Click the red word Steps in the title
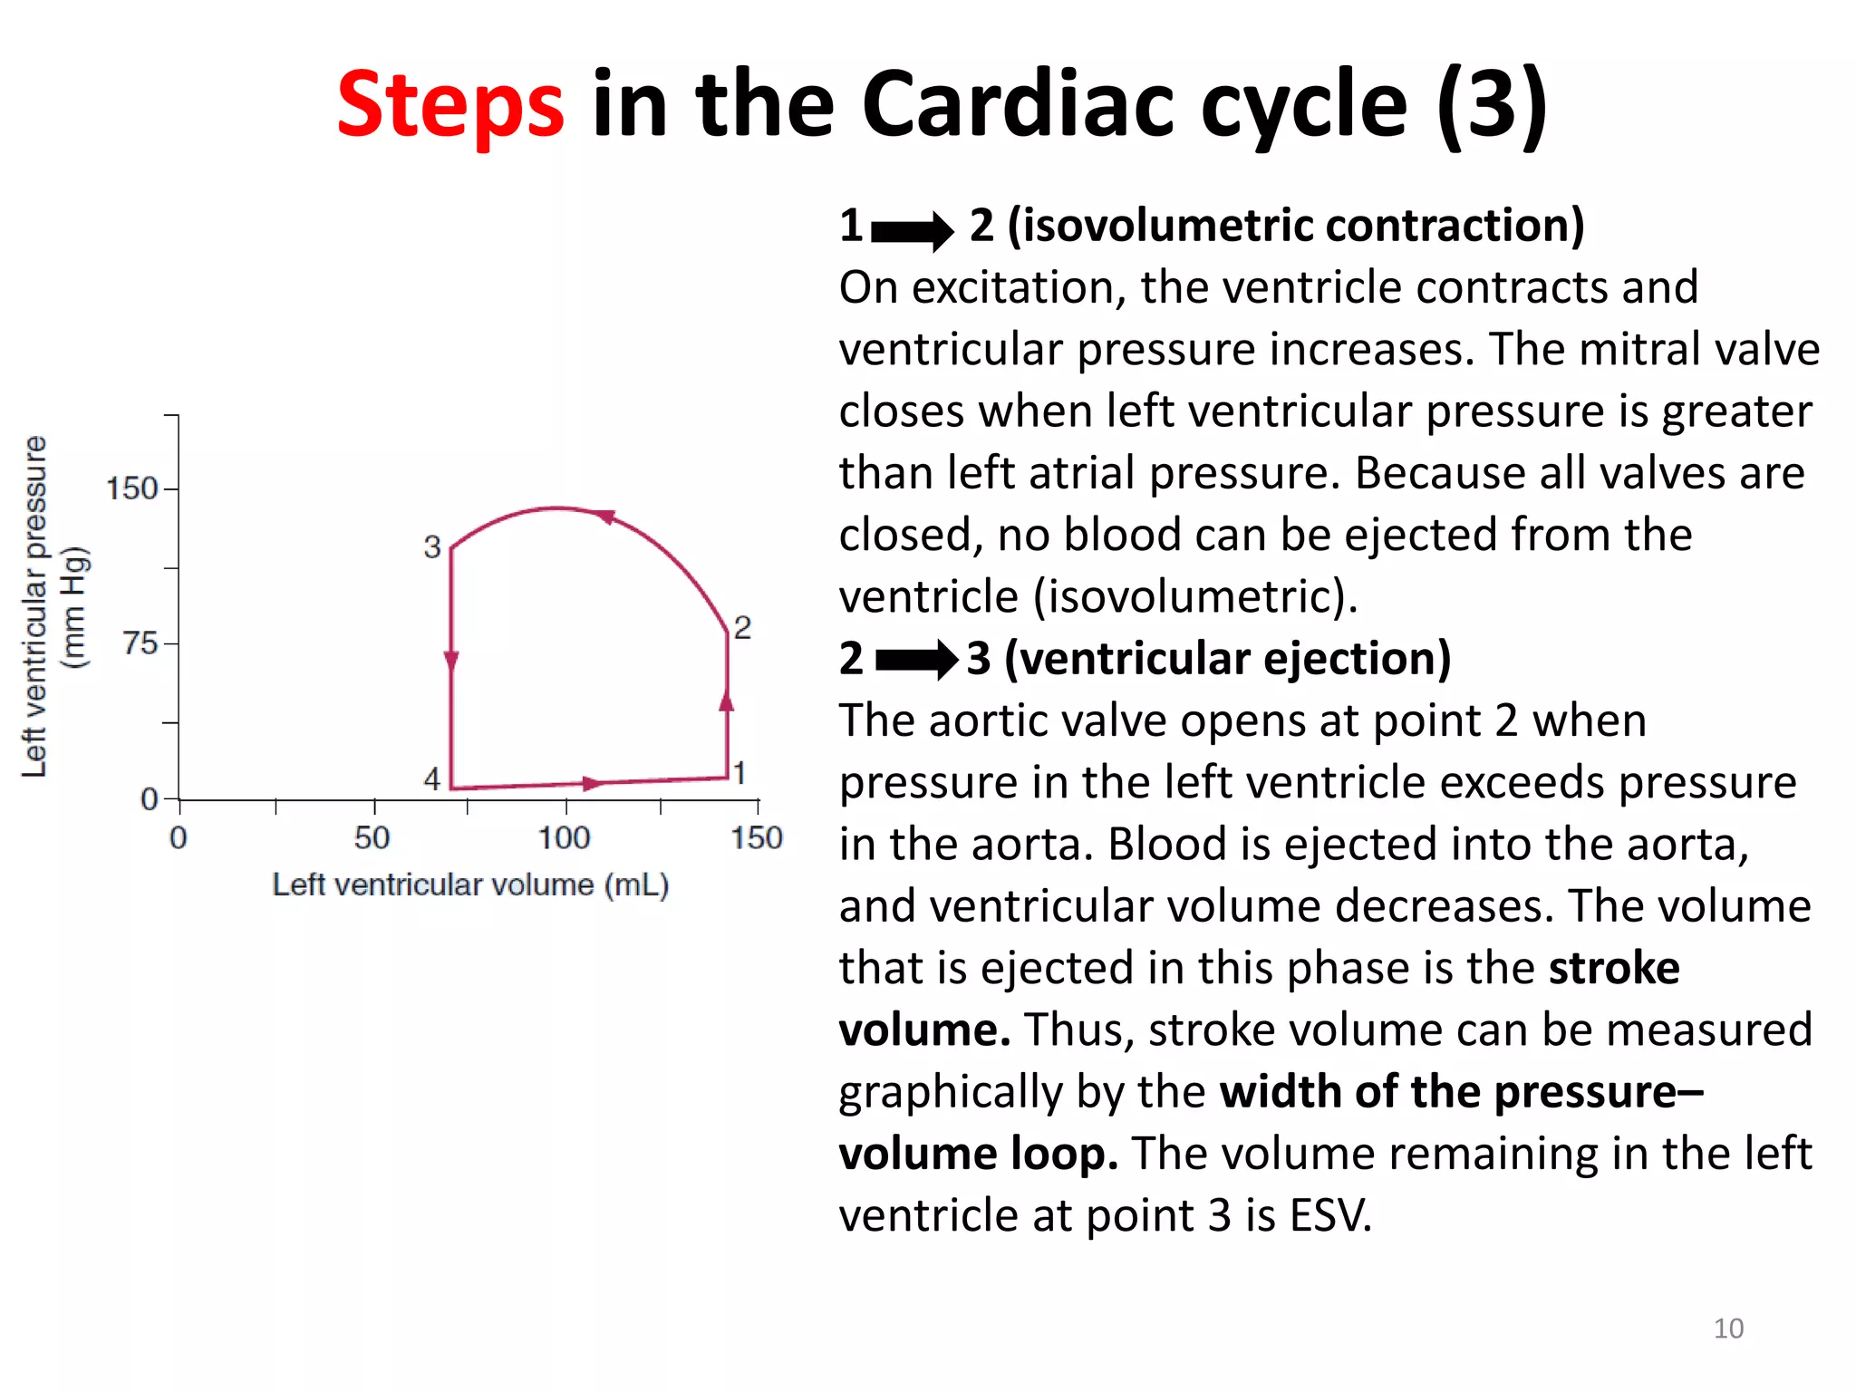pyautogui.click(x=450, y=106)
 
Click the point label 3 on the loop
pyautogui.click(x=432, y=547)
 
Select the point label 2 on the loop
pyautogui.click(x=742, y=627)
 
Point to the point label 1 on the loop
pyautogui.click(x=739, y=773)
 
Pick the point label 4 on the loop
pyautogui.click(x=432, y=778)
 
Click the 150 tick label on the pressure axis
pyautogui.click(x=132, y=488)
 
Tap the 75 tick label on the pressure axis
pyautogui.click(x=140, y=643)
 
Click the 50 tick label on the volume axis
pyautogui.click(x=372, y=838)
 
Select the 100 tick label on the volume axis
pyautogui.click(x=564, y=838)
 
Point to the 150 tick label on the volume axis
pyautogui.click(x=757, y=838)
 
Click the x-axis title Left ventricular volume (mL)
pyautogui.click(x=470, y=884)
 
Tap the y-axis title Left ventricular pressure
pyautogui.click(x=34, y=606)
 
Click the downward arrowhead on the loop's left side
pyautogui.click(x=451, y=661)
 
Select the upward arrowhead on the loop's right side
pyautogui.click(x=727, y=700)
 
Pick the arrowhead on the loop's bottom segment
pyautogui.click(x=591, y=783)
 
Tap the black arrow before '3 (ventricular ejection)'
pyautogui.click(x=916, y=660)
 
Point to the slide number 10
pyautogui.click(x=1728, y=1329)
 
